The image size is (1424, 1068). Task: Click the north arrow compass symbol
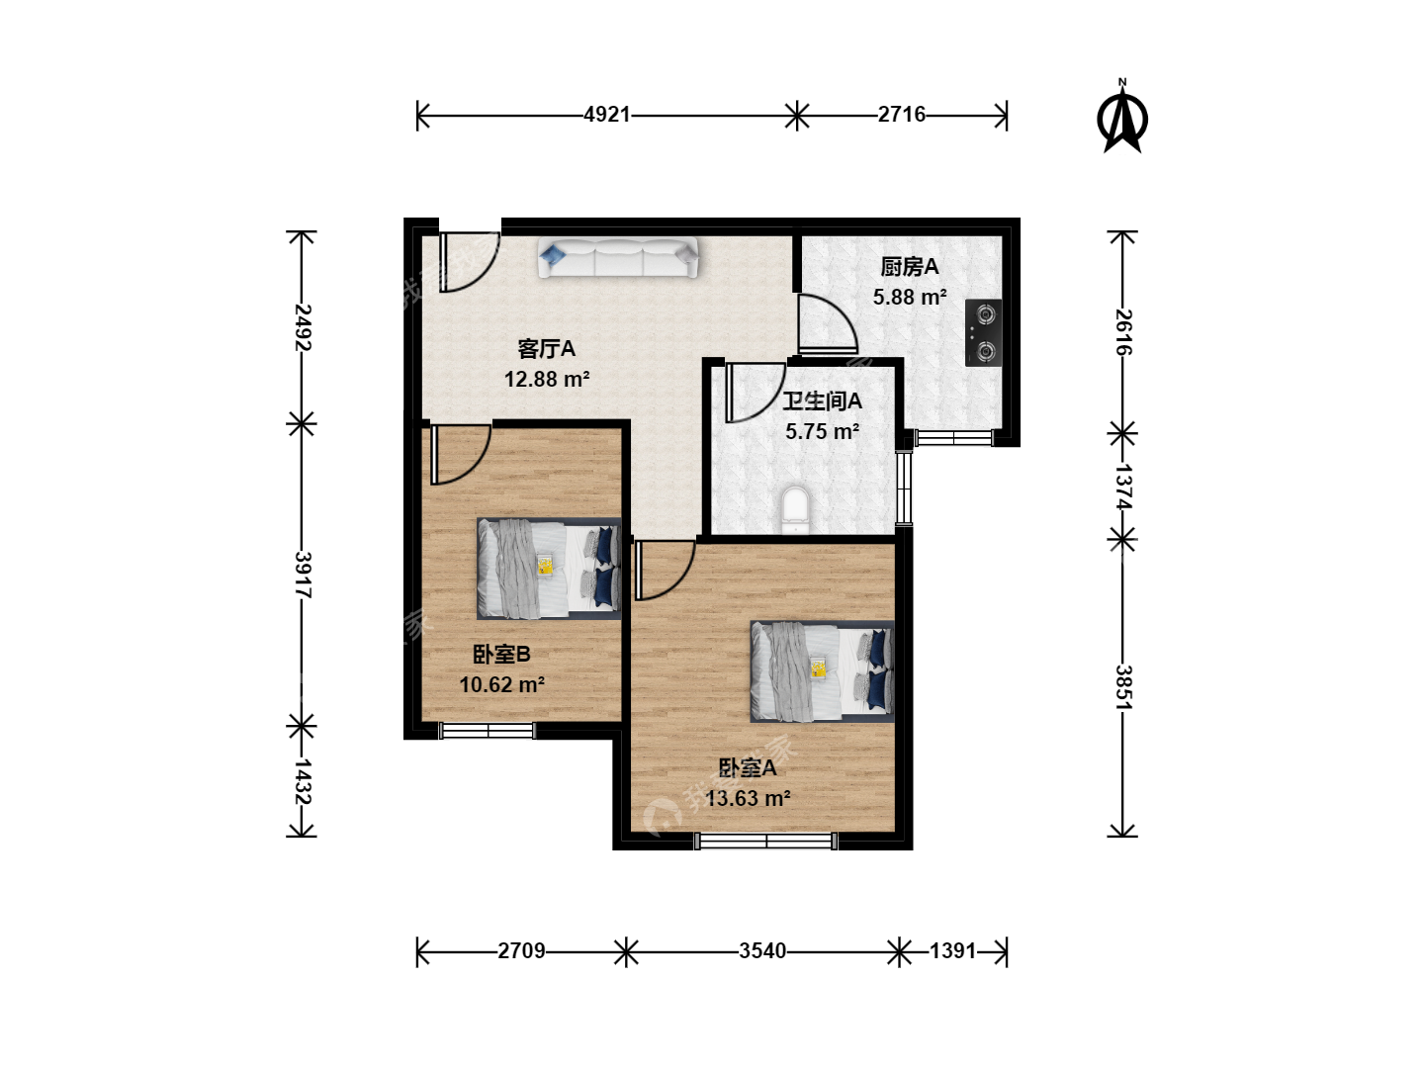[1121, 117]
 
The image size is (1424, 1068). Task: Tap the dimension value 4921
[606, 115]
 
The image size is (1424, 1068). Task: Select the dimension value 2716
[901, 115]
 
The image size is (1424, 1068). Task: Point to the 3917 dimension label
[303, 576]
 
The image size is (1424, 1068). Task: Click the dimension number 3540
[762, 951]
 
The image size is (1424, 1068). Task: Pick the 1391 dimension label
[952, 951]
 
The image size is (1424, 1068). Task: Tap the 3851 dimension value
[1123, 687]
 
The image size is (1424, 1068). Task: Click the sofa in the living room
[618, 257]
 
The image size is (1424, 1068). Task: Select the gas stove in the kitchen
[984, 332]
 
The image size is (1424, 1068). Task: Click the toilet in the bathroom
[795, 509]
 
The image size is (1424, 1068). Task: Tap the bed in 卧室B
[549, 568]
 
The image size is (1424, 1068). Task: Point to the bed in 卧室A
[822, 671]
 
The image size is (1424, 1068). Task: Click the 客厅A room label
[546, 349]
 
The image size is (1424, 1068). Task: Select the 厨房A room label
[909, 267]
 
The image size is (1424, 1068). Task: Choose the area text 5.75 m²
[823, 431]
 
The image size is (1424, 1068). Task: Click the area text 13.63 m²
[748, 798]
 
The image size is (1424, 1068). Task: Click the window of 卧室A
[766, 841]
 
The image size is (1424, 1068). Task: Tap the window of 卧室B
[488, 731]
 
